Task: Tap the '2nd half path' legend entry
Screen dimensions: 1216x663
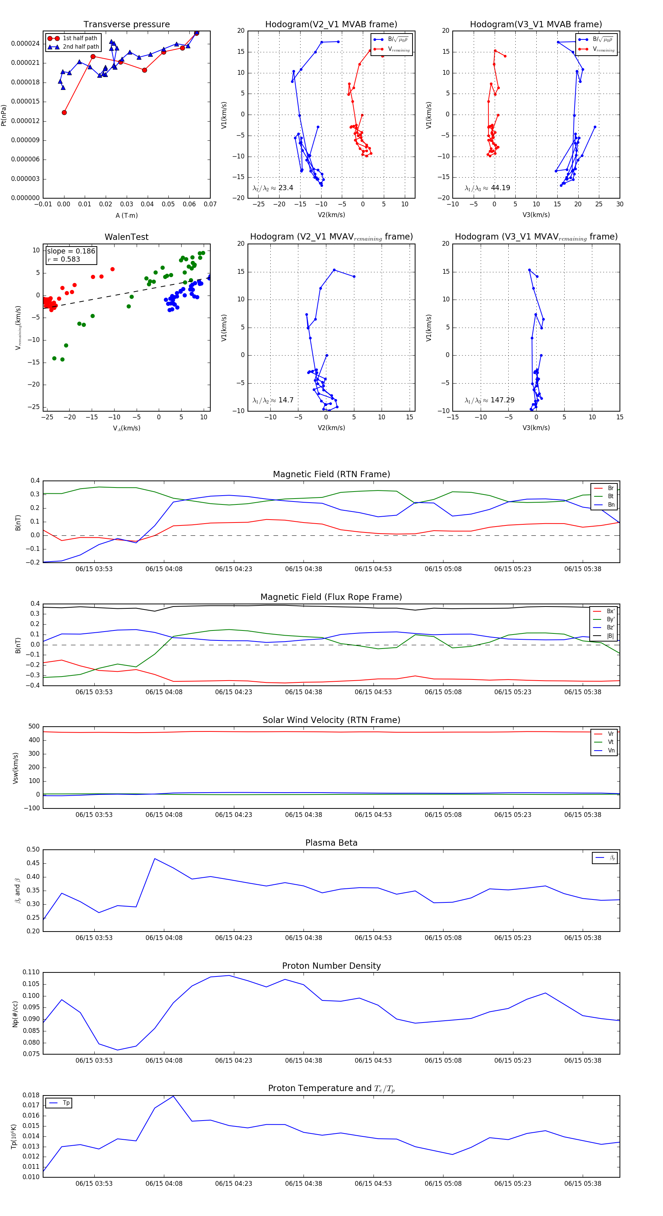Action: click(81, 47)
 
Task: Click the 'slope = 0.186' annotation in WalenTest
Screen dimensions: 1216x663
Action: click(71, 251)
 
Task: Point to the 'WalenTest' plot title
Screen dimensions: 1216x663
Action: click(126, 237)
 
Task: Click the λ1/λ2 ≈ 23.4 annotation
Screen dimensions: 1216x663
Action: click(273, 188)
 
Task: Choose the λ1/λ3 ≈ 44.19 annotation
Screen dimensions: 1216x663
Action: click(487, 188)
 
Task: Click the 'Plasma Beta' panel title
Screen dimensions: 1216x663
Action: click(331, 843)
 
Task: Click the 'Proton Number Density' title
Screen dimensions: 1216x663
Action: click(331, 966)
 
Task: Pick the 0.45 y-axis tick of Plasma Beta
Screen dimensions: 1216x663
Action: click(33, 863)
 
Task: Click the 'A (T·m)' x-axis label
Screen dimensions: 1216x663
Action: click(126, 216)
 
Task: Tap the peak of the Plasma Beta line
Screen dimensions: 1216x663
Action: click(155, 859)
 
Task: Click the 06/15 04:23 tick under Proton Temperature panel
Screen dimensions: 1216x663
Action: click(234, 1184)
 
